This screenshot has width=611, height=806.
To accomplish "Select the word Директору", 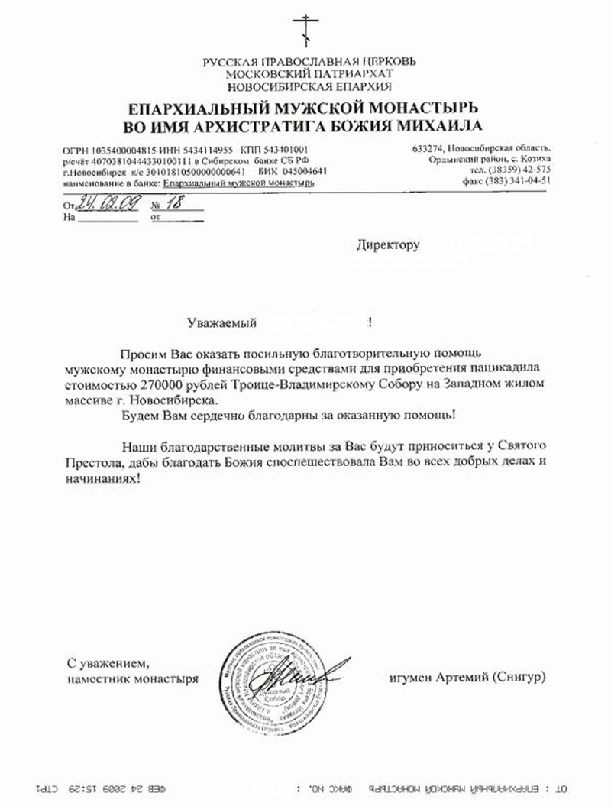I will click(x=389, y=246).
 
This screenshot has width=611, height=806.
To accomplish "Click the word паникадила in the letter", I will click(x=503, y=371).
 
